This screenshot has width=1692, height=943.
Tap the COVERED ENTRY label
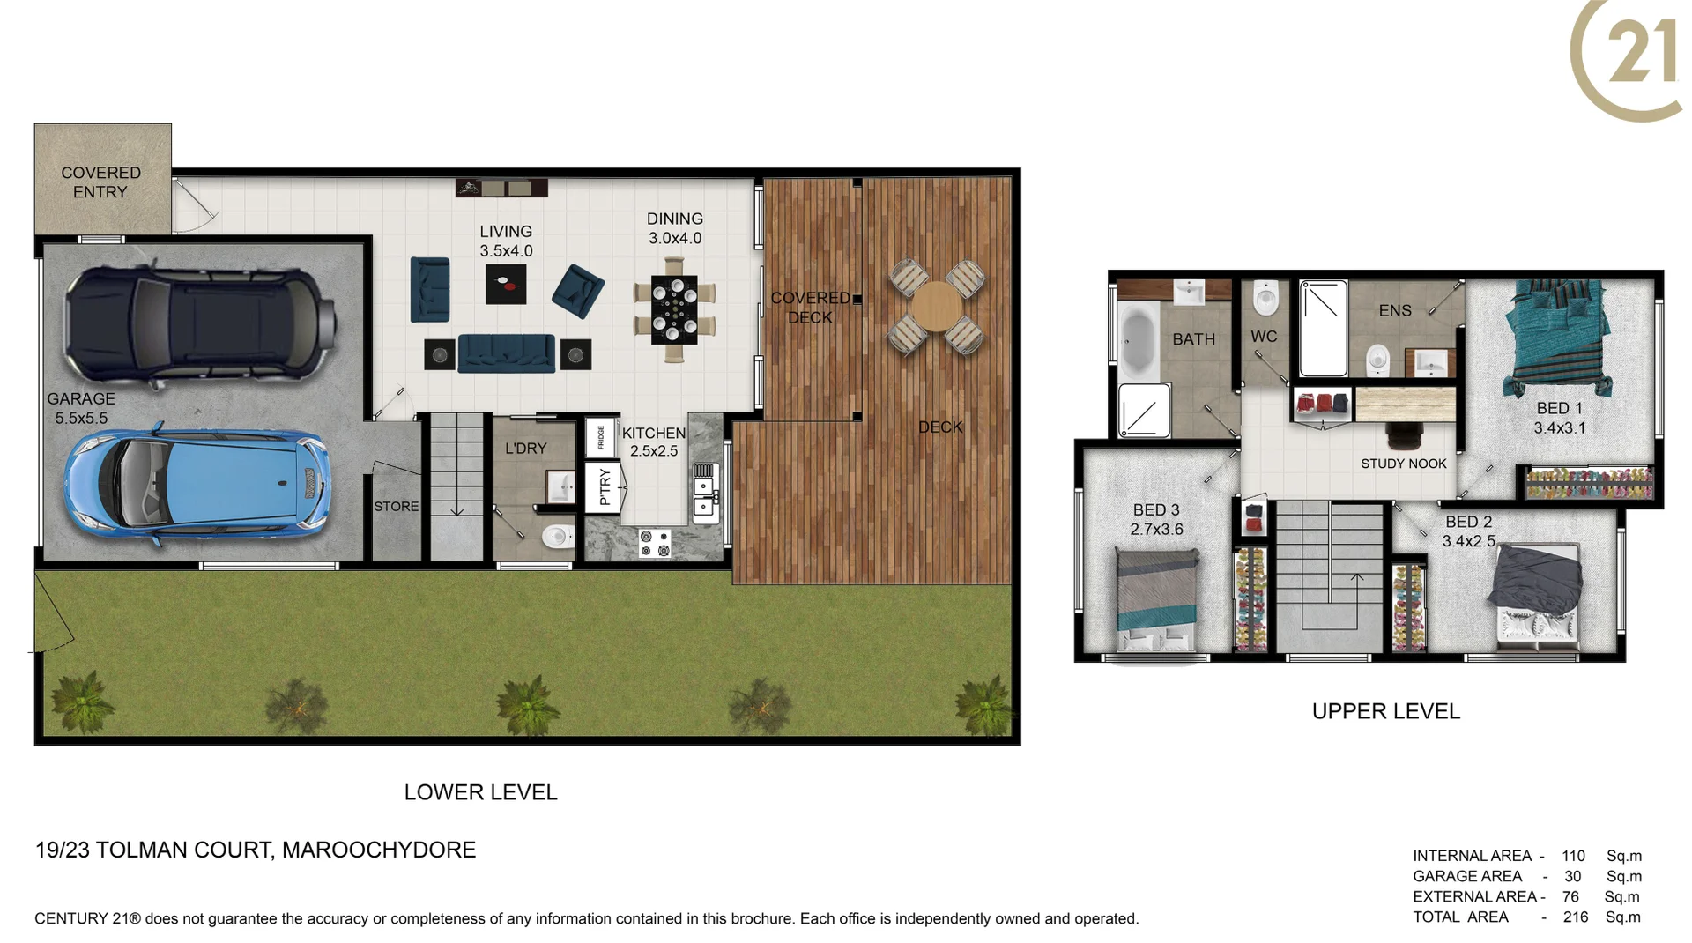pos(100,182)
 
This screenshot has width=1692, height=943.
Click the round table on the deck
pos(937,307)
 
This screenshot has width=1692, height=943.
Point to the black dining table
pos(674,309)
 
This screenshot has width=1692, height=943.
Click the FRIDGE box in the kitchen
pos(600,437)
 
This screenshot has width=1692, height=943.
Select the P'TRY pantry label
pos(605,486)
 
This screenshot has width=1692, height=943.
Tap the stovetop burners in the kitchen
pos(655,543)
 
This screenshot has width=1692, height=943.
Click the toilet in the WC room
pos(1265,298)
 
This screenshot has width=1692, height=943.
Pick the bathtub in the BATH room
pos(1139,340)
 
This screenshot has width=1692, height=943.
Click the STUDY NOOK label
pos(1403,464)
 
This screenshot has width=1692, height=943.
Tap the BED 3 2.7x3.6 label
pos(1156,519)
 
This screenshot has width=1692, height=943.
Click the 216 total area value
pos(1575,917)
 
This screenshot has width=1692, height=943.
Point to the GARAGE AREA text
pos(1467,876)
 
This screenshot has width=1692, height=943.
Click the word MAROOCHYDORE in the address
pos(379,850)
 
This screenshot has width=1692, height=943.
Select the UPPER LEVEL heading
pos(1385,711)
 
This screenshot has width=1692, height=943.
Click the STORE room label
pos(396,506)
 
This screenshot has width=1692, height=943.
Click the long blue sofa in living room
pos(507,353)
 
